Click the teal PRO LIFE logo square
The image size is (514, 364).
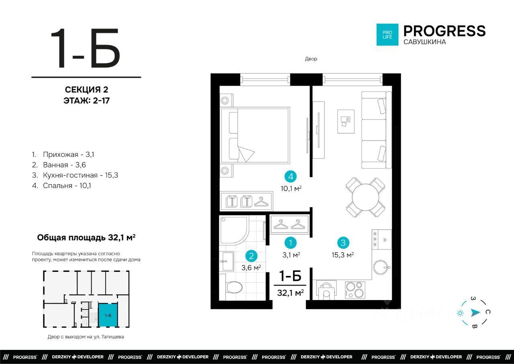[x=388, y=35]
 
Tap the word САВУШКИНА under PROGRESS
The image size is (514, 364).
[x=424, y=42]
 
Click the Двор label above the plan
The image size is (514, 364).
[x=311, y=59]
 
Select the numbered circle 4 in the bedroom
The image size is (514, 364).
[x=290, y=177]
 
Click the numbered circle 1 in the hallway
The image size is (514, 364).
[x=290, y=243]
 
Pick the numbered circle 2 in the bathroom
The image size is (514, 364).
[x=251, y=256]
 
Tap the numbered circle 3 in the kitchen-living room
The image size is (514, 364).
[x=343, y=243]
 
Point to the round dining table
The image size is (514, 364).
[x=365, y=197]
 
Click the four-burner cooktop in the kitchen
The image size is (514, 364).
[x=355, y=290]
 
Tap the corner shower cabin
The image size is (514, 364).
[x=234, y=230]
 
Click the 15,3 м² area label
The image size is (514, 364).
[x=343, y=255]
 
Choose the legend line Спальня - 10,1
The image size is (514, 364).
[x=61, y=185]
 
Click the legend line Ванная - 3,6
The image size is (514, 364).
[x=59, y=165]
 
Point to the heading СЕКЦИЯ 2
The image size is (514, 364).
[x=86, y=90]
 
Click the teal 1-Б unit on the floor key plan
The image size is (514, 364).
[x=108, y=315]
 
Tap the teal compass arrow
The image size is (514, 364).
[x=475, y=313]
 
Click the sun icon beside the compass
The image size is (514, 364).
[x=460, y=313]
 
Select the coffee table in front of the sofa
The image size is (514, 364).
[x=346, y=121]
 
